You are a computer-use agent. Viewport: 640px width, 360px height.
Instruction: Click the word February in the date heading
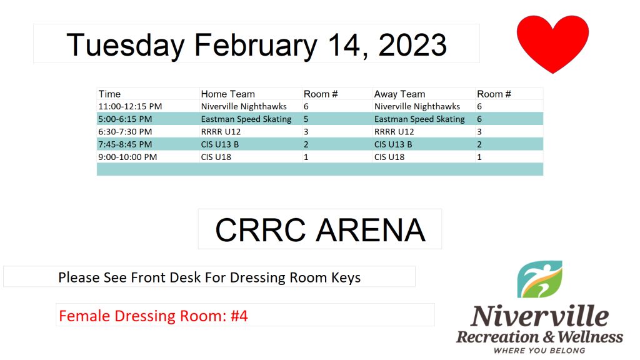coord(256,46)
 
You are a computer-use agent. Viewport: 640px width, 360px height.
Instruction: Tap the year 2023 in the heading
coord(412,44)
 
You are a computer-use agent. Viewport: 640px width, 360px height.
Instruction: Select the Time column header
coord(109,94)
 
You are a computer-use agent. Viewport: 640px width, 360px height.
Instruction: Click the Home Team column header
coord(227,94)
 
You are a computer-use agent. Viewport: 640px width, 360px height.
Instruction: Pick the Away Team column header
coord(399,94)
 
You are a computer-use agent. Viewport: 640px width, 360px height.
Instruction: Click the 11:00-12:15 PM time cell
coord(130,106)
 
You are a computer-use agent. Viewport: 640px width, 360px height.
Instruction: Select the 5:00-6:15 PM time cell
coord(125,119)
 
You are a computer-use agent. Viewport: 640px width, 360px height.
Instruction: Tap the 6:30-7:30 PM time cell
coord(125,132)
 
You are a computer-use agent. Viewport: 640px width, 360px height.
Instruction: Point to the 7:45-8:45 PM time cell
coord(125,144)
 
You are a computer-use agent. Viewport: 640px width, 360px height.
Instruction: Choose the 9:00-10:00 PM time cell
coord(127,157)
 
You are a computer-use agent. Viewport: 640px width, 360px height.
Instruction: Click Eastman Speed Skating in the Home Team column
coord(246,119)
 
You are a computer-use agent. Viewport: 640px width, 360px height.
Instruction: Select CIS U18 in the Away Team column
coord(389,157)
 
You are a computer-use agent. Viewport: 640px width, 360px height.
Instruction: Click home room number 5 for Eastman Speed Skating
coord(306,119)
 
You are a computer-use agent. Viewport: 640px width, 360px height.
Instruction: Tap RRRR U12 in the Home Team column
coord(221,132)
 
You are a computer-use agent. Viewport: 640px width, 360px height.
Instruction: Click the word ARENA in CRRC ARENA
coord(371,230)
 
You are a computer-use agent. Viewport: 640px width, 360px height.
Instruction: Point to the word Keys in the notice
coord(346,277)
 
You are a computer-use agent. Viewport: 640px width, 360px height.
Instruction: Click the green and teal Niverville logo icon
coord(539,279)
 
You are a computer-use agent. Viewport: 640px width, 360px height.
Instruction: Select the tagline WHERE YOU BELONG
coord(539,351)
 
